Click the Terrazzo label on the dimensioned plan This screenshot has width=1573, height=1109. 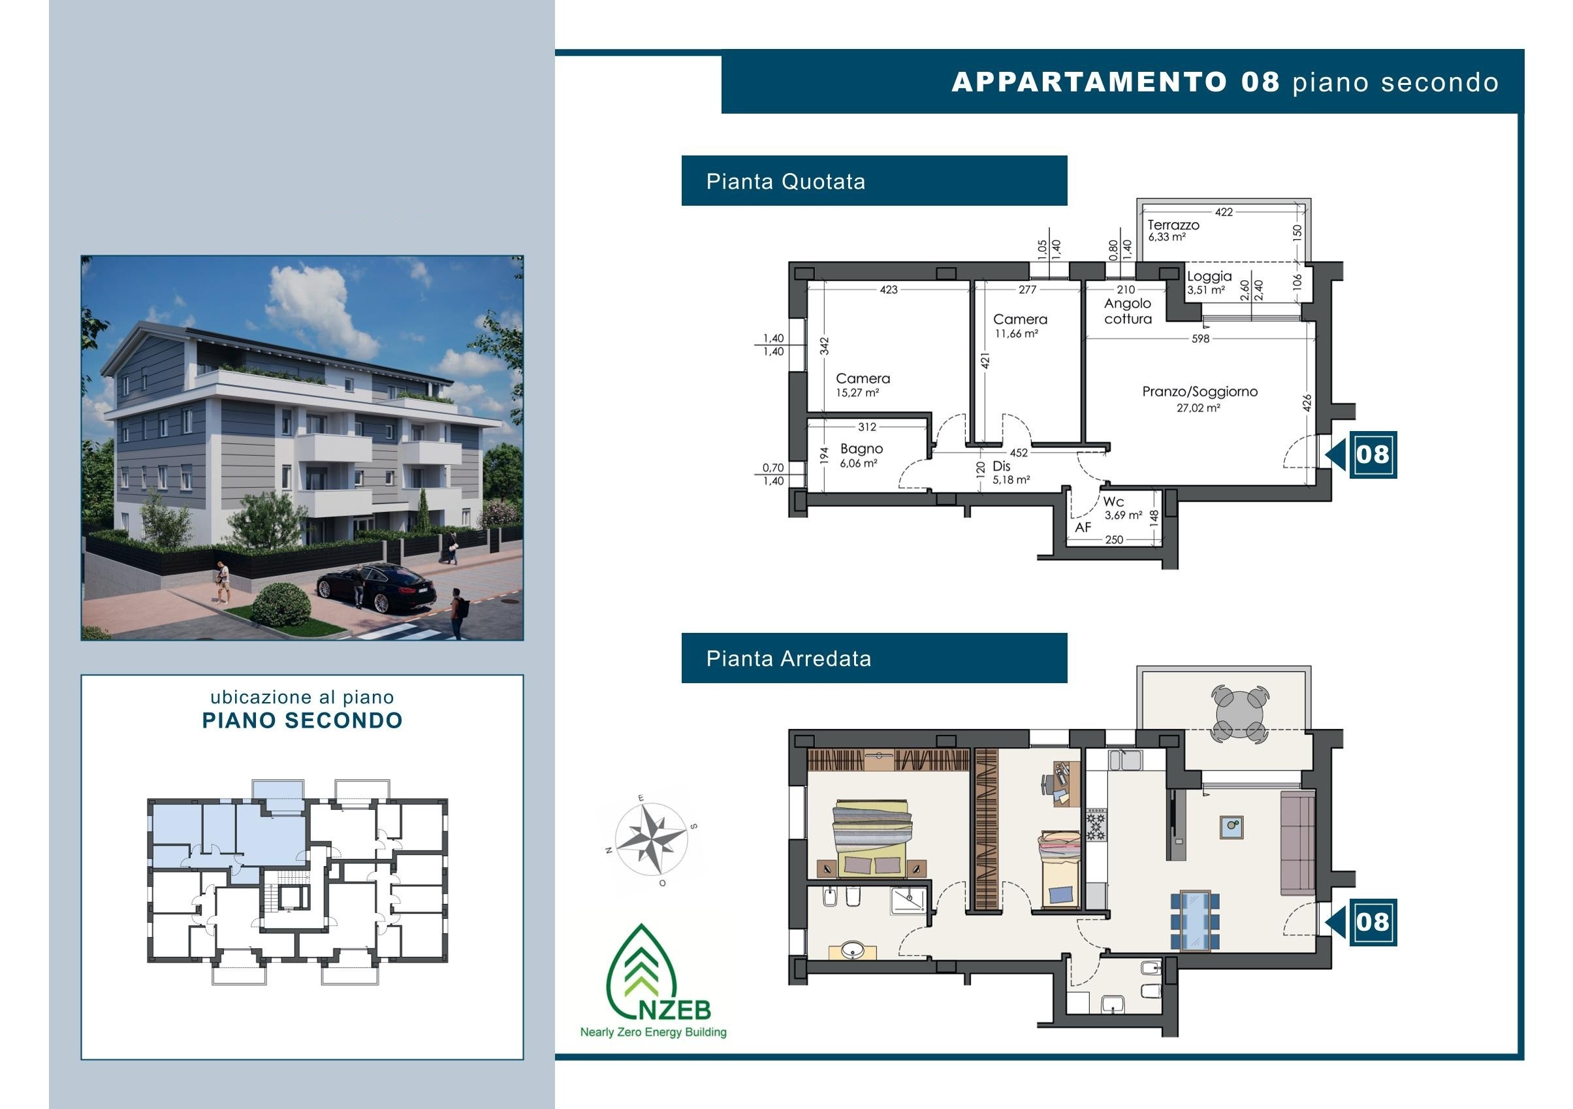1173,225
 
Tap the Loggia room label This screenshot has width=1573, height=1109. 1209,276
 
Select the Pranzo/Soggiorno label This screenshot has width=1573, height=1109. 1200,391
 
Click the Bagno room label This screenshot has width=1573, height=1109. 861,448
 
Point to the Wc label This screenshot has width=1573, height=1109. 1113,502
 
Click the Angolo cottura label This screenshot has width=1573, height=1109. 1128,310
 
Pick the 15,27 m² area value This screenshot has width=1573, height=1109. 857,393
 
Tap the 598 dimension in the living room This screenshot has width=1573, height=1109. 1200,338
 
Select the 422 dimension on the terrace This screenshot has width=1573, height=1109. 1224,212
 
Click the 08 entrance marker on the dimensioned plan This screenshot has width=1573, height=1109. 1373,455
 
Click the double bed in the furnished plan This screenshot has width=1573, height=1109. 872,837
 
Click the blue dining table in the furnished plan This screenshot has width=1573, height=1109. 1195,920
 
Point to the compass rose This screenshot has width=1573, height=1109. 651,839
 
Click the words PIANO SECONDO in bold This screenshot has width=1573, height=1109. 302,720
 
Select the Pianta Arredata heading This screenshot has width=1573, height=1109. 789,659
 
